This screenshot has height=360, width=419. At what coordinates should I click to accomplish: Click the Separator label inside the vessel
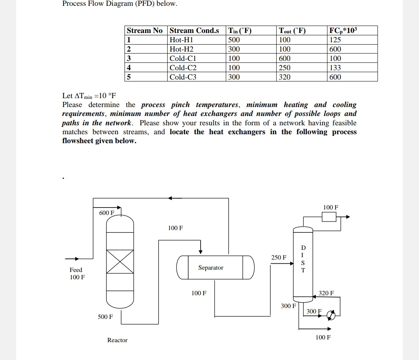pyautogui.click(x=211, y=268)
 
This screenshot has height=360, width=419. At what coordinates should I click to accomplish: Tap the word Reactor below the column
pyautogui.click(x=117, y=340)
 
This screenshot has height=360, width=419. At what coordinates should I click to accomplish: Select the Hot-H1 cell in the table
pyautogui.click(x=182, y=40)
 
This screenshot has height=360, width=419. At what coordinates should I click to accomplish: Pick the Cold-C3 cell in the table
pyautogui.click(x=183, y=77)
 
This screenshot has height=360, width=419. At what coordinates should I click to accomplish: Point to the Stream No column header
pyautogui.click(x=145, y=31)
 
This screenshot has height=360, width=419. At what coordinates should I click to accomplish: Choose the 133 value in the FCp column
pyautogui.click(x=335, y=67)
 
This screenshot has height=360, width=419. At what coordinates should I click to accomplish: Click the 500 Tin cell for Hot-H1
pyautogui.click(x=234, y=40)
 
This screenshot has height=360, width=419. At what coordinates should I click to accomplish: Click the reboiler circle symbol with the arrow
pyautogui.click(x=331, y=316)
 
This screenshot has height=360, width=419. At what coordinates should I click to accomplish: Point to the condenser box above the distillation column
pyautogui.click(x=329, y=217)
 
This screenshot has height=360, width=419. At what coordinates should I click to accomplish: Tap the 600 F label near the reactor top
pyautogui.click(x=107, y=213)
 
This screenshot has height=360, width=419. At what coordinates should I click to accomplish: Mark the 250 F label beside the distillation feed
pyautogui.click(x=279, y=257)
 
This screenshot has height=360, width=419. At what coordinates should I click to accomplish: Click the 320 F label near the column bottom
pyautogui.click(x=326, y=293)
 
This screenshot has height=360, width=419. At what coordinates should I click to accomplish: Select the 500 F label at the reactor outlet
pyautogui.click(x=106, y=317)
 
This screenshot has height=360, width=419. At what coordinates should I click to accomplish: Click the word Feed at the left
pyautogui.click(x=76, y=270)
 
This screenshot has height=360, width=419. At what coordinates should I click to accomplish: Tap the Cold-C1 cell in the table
pyautogui.click(x=183, y=59)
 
